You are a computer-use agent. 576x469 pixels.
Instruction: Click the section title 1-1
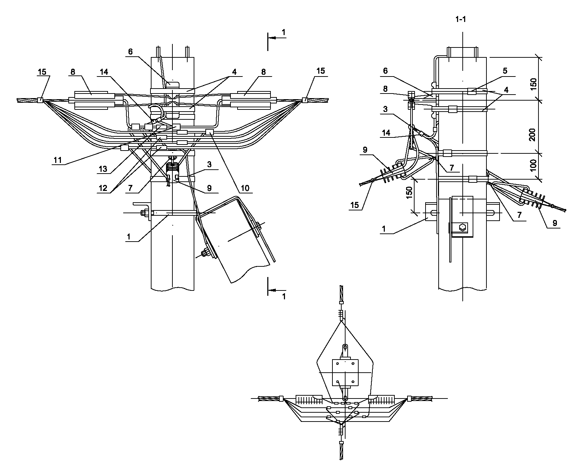pos(461,19)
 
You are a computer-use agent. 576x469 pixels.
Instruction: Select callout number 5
pos(505,71)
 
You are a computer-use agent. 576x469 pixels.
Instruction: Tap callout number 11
pos(58,160)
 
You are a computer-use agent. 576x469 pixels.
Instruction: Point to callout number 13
pos(103,169)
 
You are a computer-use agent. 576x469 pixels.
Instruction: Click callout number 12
pos(103,188)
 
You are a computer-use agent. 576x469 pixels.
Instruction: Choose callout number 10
pos(245,188)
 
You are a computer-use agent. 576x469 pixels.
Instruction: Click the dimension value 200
pos(532,135)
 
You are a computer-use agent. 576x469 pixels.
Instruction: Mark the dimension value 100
pos(533,165)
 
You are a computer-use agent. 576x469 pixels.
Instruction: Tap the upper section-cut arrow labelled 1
pos(277,38)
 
